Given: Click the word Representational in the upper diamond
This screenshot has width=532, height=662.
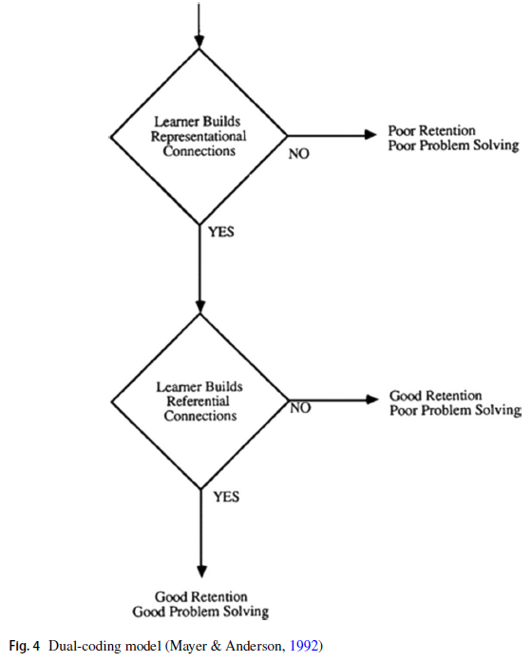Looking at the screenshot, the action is (199, 136).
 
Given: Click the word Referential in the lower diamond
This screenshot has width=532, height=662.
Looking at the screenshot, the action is (198, 401).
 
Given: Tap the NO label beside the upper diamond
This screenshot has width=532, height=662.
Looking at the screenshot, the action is (299, 154).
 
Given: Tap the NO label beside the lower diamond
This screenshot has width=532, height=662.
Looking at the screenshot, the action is (300, 408).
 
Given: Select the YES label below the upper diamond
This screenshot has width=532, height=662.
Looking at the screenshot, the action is (221, 232).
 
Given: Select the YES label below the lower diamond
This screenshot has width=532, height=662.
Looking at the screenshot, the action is (226, 496).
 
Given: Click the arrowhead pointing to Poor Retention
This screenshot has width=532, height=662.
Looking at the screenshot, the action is (370, 135).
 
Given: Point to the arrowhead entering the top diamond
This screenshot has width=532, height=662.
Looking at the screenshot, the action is (199, 43).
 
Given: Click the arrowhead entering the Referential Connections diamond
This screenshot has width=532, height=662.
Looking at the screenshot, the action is (200, 307).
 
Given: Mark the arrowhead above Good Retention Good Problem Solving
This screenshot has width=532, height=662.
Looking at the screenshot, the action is (202, 572).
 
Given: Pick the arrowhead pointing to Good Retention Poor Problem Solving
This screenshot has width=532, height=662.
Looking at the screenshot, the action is (372, 399).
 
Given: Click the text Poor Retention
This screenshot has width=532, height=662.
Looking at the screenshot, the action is (431, 130).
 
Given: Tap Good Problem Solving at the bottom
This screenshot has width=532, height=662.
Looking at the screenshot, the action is (200, 612).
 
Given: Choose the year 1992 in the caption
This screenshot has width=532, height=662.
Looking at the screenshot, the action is (304, 646).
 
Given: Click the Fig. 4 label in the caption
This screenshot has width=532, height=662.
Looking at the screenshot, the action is (25, 646).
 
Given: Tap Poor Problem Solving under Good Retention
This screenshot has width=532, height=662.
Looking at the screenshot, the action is (456, 410).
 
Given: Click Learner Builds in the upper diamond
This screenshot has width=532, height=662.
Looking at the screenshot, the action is (198, 122).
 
